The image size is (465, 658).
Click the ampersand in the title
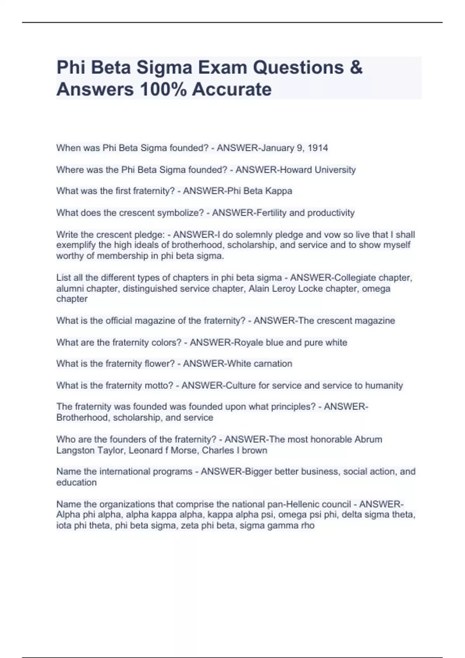[356, 67]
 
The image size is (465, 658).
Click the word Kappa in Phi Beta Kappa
[279, 191]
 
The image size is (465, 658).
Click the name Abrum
[368, 439]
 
